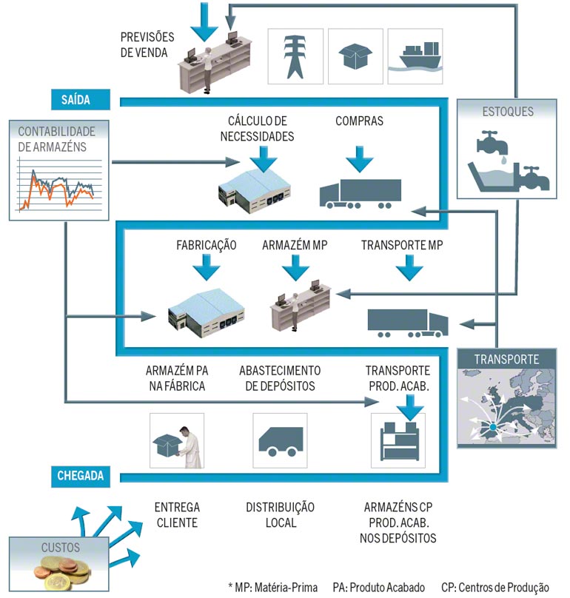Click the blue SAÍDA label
click(x=81, y=99)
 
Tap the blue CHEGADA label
click(x=81, y=475)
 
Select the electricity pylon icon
click(x=295, y=56)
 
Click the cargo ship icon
click(x=415, y=56)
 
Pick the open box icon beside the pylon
click(x=355, y=56)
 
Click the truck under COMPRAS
click(x=360, y=192)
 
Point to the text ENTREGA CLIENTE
click(x=176, y=515)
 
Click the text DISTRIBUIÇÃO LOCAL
click(x=280, y=515)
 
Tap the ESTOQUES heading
click(x=508, y=112)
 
